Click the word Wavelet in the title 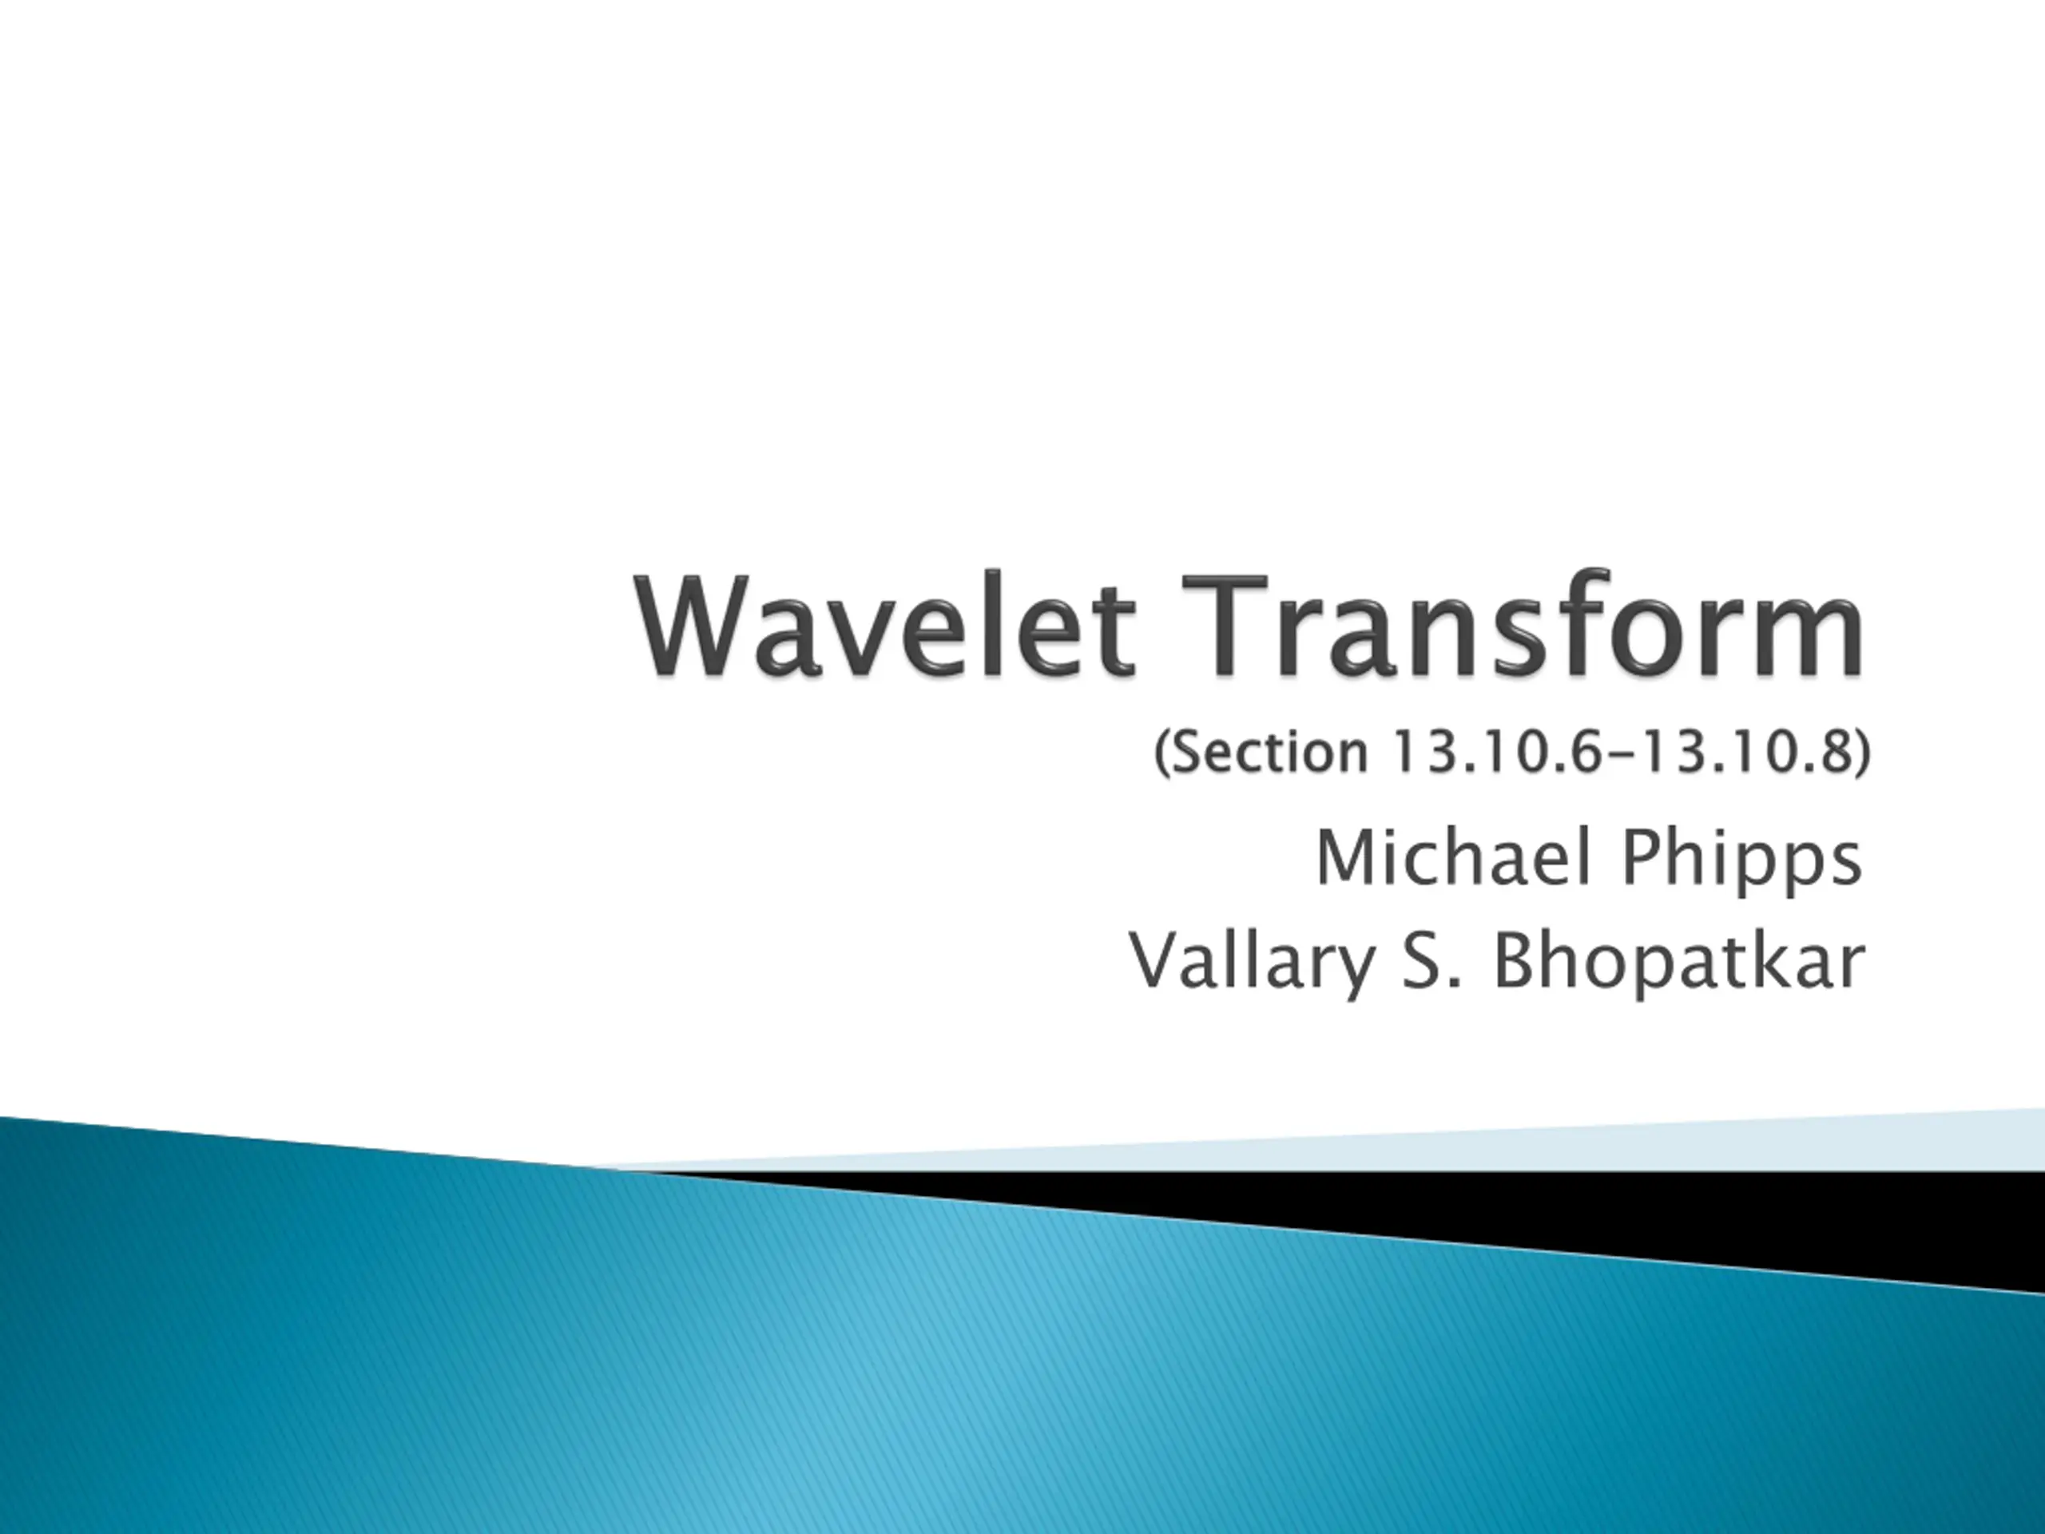885,628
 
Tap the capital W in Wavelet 701,628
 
